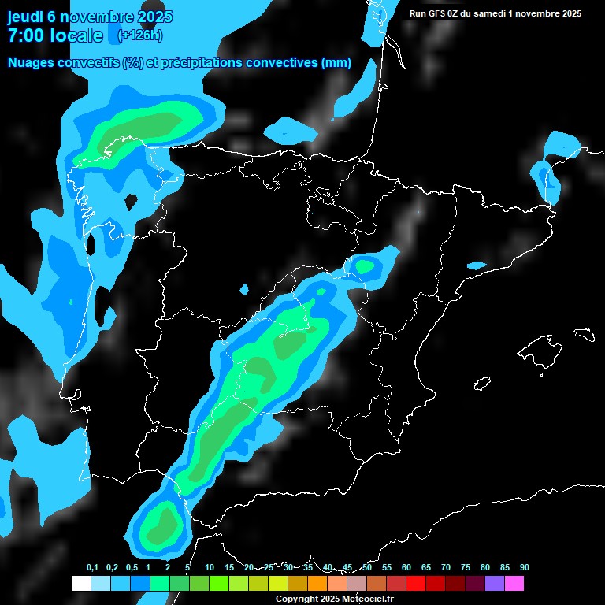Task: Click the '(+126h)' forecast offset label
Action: pos(139,35)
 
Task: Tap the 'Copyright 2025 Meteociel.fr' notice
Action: pos(334,599)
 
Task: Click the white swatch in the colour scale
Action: pos(80,584)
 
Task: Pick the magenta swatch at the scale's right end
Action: pos(514,584)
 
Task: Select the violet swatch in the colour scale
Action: pos(494,584)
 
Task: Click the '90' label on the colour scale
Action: pos(524,567)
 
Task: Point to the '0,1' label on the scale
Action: pos(92,567)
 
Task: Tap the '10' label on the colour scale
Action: pos(209,567)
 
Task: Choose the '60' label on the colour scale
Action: pos(406,567)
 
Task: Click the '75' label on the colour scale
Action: pos(465,567)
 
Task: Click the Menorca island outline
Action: pos(584,334)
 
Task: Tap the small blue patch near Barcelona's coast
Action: pos(477,265)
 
